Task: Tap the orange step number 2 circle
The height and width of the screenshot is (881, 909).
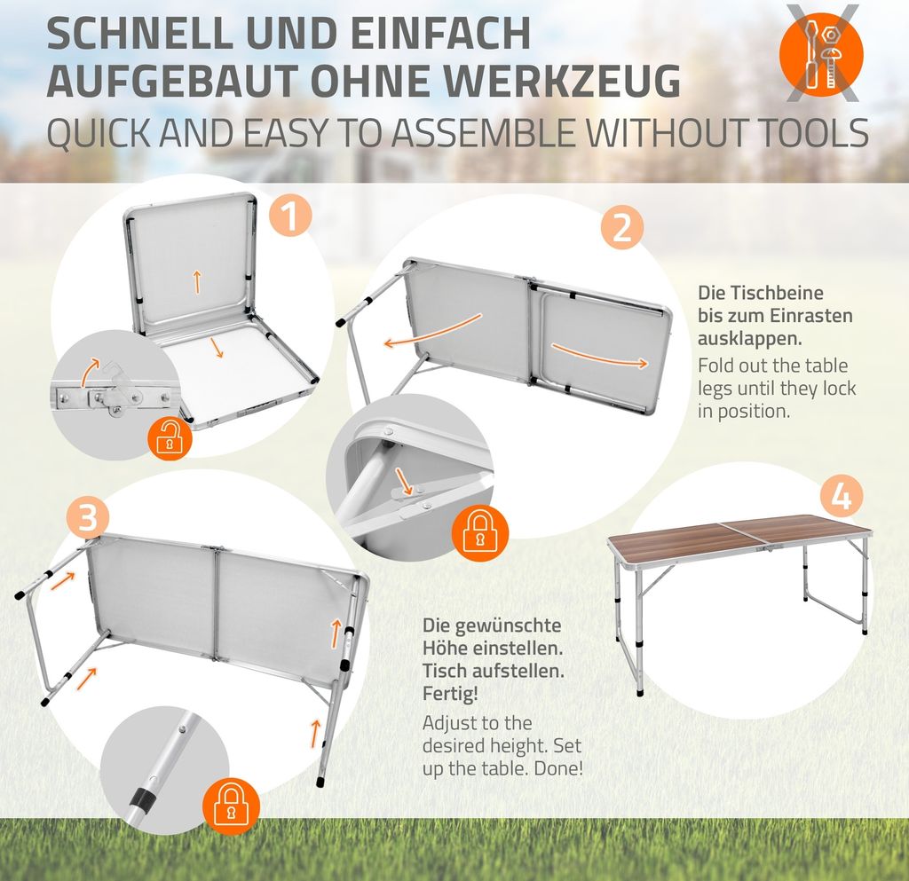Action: (622, 227)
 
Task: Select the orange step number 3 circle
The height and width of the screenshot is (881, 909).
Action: (88, 517)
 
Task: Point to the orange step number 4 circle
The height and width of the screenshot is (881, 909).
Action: (842, 497)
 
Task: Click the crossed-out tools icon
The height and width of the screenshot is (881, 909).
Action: (821, 54)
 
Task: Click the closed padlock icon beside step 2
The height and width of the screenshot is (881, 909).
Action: (480, 531)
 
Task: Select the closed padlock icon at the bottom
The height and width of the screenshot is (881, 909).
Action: (231, 804)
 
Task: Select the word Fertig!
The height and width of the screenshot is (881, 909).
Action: (450, 693)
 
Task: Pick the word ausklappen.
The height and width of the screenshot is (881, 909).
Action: (749, 338)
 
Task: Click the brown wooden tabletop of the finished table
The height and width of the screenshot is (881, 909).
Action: (739, 536)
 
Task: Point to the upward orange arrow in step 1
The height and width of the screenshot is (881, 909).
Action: (197, 281)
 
